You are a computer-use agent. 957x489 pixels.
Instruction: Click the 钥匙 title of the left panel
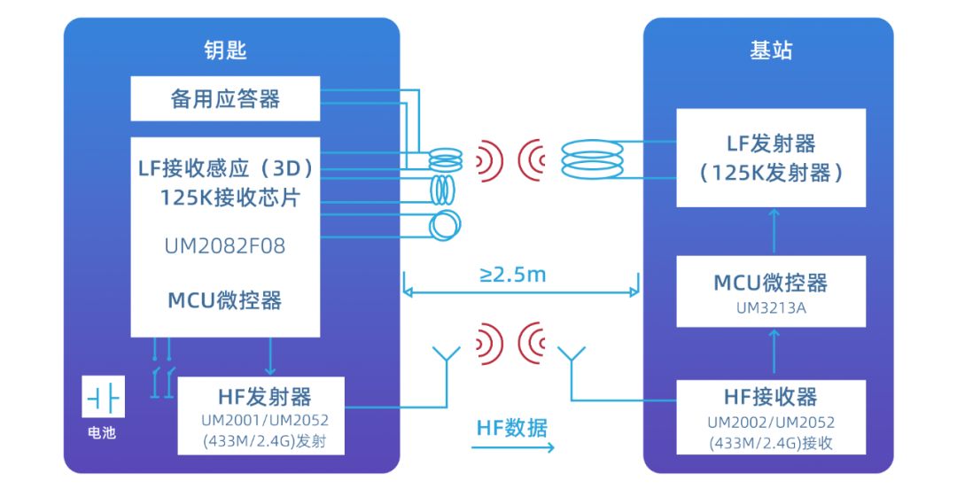pos(225,50)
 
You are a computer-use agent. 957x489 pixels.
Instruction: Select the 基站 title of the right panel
pos(770,50)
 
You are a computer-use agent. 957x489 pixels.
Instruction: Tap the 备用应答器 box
pos(225,98)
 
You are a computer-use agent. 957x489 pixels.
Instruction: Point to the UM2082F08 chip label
pos(225,245)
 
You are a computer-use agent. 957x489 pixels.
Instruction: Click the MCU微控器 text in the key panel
pos(225,300)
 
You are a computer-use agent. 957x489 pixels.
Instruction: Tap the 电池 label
pos(103,433)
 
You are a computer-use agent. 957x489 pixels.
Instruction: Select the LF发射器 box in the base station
pos(770,158)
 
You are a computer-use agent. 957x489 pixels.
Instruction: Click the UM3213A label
pos(770,308)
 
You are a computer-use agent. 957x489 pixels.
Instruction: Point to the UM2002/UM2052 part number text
pos(770,423)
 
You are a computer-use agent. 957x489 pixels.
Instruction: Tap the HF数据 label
pos(512,428)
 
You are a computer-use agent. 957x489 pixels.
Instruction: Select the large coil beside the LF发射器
pos(592,160)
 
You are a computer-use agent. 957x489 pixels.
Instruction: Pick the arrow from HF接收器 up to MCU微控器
pos(774,354)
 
